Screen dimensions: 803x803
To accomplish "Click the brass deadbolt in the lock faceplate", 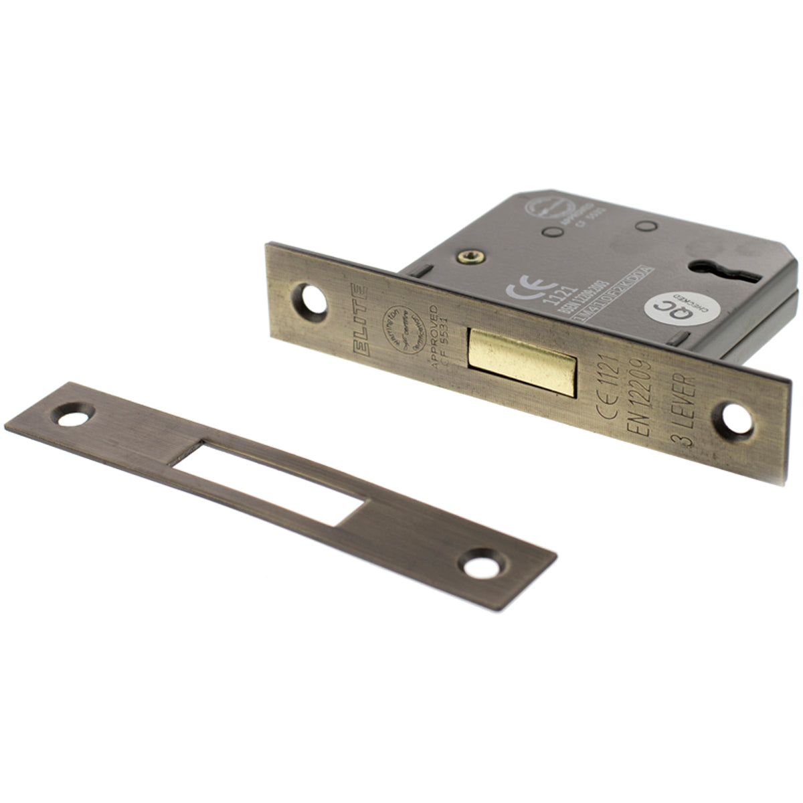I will [522, 361].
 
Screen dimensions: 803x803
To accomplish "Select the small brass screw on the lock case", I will [466, 254].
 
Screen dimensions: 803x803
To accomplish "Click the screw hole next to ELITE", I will [312, 299].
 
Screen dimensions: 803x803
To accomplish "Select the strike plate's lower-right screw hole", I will [483, 566].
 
